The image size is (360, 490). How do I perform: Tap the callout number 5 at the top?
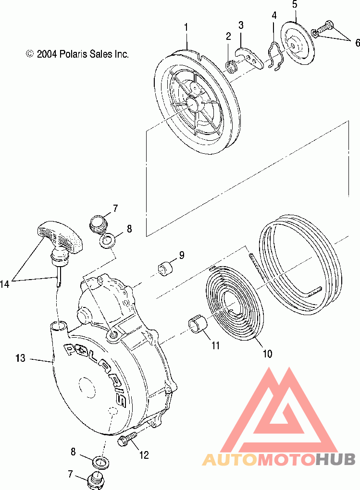coord(295,5)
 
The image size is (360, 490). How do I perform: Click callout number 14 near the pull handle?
coord(5,284)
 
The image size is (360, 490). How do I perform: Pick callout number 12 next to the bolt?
coord(144,454)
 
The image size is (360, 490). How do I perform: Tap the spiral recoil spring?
coord(231,303)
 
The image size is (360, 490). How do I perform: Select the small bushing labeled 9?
coord(165,268)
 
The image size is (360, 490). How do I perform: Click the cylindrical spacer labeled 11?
coord(198,323)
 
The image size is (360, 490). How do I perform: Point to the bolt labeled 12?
coord(127,438)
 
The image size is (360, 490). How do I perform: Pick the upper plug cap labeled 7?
coord(98,224)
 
